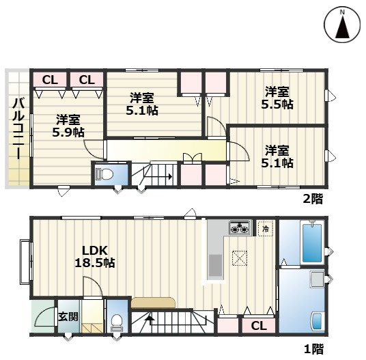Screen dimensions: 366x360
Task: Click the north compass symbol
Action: [342, 25]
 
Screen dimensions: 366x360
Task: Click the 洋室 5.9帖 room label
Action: [68, 126]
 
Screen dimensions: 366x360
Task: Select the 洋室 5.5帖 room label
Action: [277, 98]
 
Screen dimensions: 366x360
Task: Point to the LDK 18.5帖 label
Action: [95, 257]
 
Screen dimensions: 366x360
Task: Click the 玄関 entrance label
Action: [68, 317]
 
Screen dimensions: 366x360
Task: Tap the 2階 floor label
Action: [313, 199]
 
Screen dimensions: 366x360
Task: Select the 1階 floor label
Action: [314, 349]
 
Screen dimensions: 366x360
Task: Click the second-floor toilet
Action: [104, 174]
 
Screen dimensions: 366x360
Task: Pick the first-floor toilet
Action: [116, 323]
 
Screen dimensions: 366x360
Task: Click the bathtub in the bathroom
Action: [312, 243]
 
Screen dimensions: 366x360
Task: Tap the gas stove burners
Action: [240, 227]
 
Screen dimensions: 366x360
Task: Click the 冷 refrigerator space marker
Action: [266, 229]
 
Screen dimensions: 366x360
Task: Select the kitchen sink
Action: [215, 265]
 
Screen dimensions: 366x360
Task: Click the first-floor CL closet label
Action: [259, 325]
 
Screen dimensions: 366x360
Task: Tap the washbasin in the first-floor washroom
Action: [318, 321]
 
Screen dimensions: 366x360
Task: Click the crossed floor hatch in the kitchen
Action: [240, 258]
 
